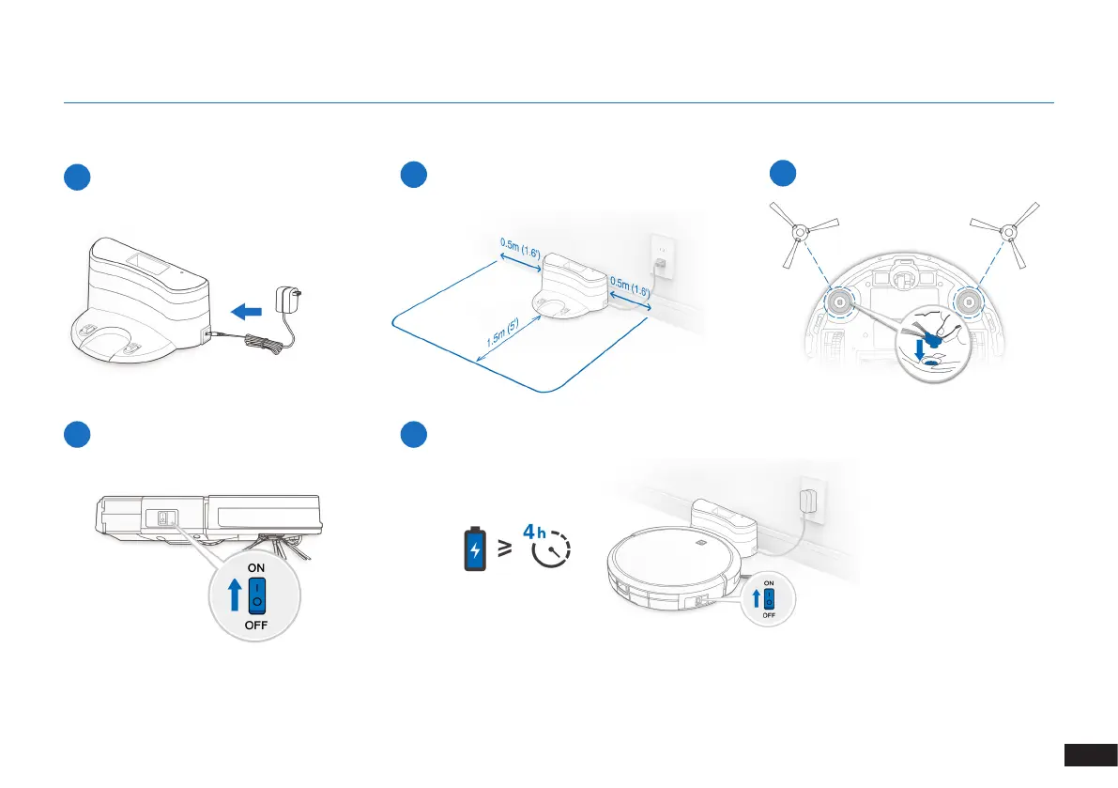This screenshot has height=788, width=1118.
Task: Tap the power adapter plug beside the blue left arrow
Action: tap(285, 301)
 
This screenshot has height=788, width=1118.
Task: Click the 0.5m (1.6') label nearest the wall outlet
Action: tap(628, 286)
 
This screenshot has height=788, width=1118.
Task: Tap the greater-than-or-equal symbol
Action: tap(505, 549)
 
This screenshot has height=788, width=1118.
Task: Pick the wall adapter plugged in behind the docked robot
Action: tap(806, 500)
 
